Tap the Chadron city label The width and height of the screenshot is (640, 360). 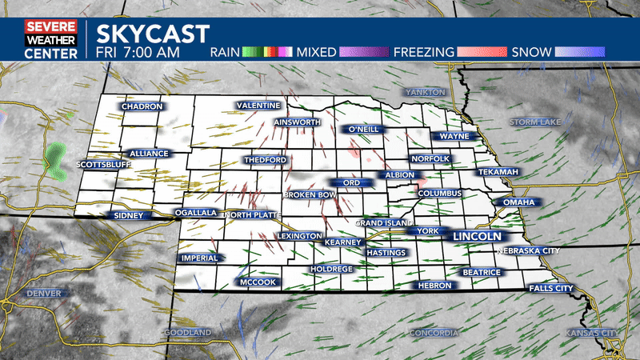point(142,106)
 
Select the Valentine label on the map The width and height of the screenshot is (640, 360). point(258,106)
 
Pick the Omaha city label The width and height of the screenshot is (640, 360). point(519,202)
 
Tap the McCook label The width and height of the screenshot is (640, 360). point(258,282)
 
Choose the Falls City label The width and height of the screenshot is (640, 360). point(551,288)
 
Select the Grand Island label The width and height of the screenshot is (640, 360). point(383,222)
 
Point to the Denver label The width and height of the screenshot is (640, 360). point(43,294)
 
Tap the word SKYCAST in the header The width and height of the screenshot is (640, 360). point(153,34)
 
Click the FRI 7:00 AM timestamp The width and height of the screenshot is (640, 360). point(138,53)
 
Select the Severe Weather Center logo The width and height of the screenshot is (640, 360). point(51,40)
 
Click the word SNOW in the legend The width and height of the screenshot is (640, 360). point(531,53)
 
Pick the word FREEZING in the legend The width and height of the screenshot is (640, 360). point(423,53)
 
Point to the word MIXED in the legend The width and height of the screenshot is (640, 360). point(317,53)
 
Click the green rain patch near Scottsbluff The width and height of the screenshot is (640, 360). point(56,160)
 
